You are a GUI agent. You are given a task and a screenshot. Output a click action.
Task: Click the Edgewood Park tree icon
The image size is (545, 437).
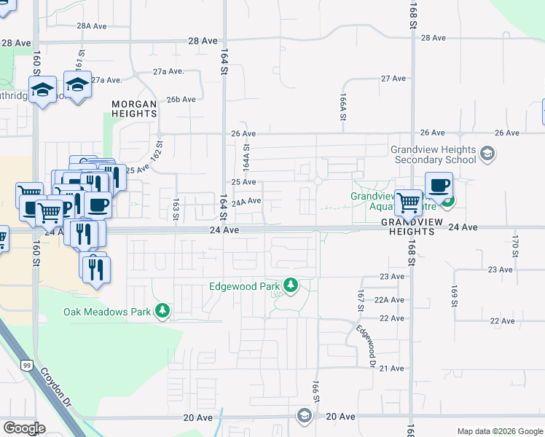(291, 286)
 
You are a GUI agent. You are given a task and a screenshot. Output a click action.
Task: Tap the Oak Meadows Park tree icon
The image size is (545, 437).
(162, 312)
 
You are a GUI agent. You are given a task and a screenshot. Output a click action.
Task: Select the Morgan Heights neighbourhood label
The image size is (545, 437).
(134, 109)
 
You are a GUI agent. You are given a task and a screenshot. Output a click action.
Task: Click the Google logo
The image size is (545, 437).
(24, 428)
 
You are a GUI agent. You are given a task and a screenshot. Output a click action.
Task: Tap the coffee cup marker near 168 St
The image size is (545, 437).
(439, 186)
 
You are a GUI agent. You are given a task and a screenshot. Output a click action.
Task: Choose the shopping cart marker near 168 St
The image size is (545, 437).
(409, 201)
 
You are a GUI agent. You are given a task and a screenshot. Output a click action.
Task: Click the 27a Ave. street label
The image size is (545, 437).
(168, 71)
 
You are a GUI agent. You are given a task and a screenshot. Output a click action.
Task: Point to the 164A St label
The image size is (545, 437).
(246, 157)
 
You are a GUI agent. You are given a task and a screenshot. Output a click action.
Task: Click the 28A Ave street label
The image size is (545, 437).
(92, 25)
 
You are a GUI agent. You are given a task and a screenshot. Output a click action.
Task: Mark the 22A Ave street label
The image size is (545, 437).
(389, 299)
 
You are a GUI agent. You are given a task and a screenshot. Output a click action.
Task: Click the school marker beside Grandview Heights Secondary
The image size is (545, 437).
(487, 154)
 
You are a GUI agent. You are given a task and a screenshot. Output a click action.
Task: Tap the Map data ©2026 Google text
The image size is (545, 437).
(499, 431)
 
